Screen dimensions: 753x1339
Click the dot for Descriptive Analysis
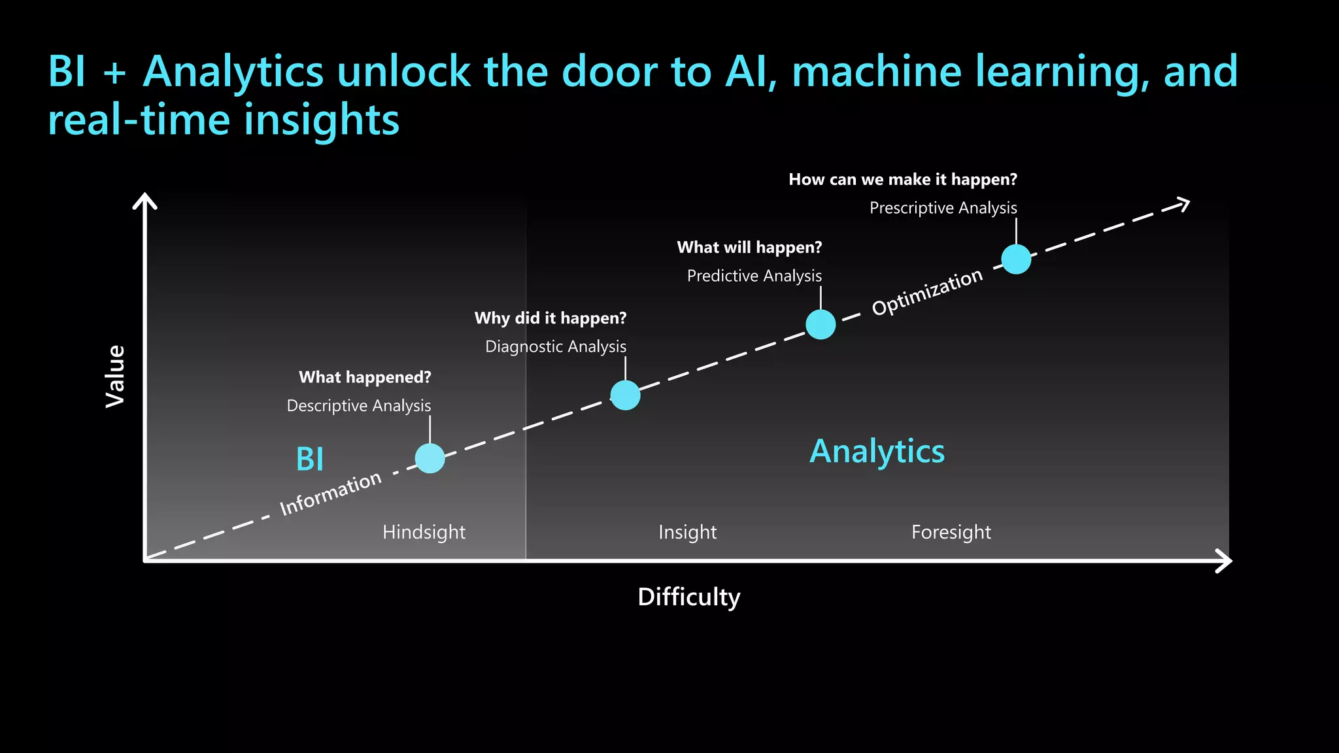(x=430, y=458)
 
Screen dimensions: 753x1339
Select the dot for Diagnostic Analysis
(x=625, y=395)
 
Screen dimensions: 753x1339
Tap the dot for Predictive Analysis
(x=821, y=324)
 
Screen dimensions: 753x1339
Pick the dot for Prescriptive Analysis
(x=1016, y=259)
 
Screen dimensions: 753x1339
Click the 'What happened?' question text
(x=365, y=377)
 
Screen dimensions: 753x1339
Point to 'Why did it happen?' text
(x=550, y=318)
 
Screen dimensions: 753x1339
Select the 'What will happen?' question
(x=749, y=248)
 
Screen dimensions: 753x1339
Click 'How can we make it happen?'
(x=902, y=180)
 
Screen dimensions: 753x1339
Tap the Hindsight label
(x=424, y=532)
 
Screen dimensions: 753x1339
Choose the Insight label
(x=687, y=532)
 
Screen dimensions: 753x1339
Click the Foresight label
(x=951, y=532)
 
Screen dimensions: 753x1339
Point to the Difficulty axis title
(x=688, y=597)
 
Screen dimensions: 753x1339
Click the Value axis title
(x=116, y=376)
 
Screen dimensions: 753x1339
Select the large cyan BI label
(x=310, y=459)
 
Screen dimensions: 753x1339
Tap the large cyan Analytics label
(x=877, y=451)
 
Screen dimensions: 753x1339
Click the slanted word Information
(x=331, y=493)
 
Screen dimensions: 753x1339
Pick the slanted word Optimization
(x=927, y=292)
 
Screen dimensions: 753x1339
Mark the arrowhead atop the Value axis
(x=144, y=200)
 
